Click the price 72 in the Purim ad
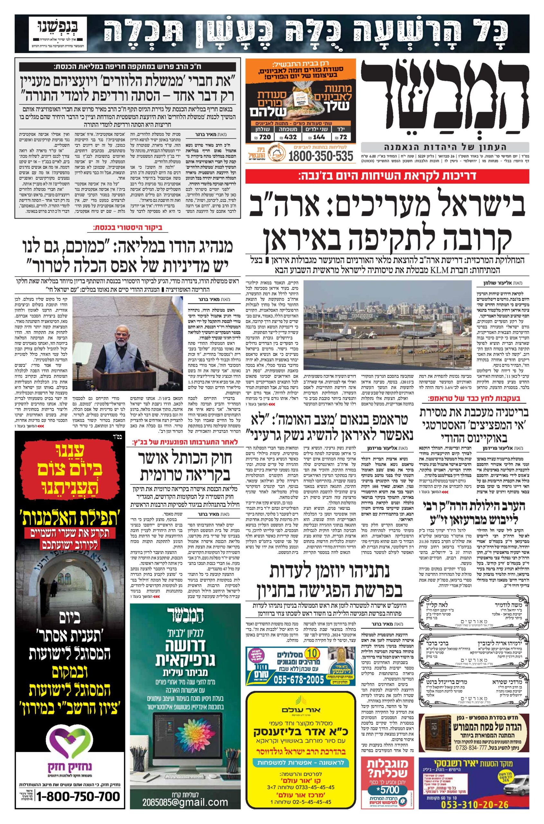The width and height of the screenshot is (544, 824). click(x=344, y=137)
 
